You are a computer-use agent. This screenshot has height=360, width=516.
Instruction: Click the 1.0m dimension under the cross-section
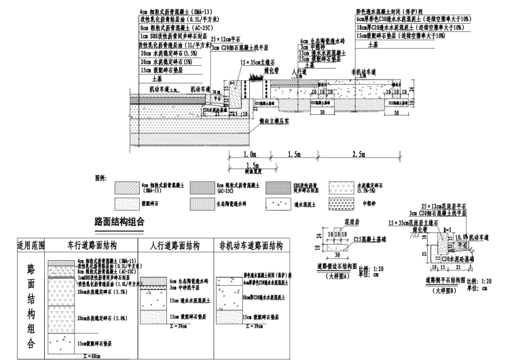pyautogui.click(x=248, y=155)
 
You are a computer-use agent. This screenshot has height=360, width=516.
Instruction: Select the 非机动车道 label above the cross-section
pyautogui.click(x=364, y=71)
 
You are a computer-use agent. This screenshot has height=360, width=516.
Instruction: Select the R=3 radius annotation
pyautogui.click(x=448, y=232)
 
